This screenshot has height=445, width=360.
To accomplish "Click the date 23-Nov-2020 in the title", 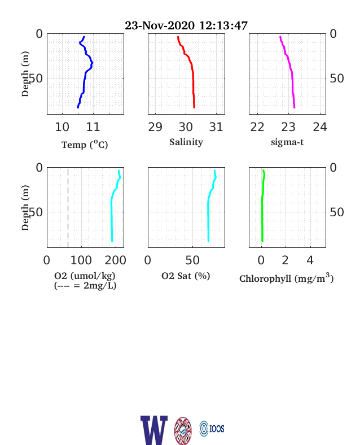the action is (160, 25).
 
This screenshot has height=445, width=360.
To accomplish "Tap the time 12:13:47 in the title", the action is (223, 25).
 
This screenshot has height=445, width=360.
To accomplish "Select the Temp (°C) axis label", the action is (85, 145).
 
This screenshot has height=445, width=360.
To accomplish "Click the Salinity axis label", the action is (186, 142).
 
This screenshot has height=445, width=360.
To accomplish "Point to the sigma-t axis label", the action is (287, 142).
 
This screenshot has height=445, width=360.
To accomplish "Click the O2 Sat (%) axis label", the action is (186, 276).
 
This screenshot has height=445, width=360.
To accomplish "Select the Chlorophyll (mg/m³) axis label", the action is (286, 278).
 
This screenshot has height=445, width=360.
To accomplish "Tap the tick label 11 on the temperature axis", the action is (93, 127).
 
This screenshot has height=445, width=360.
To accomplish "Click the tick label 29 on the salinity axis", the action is (155, 127).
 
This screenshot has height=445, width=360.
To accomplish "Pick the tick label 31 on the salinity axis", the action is (216, 127).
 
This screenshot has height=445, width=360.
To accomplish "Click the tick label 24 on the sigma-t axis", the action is (320, 127).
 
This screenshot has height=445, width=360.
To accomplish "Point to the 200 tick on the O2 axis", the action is (115, 260).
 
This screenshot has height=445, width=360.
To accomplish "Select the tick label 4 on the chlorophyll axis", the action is (310, 260).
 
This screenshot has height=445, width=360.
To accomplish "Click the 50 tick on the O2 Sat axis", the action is (192, 260).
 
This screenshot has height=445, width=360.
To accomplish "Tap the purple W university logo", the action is (154, 430).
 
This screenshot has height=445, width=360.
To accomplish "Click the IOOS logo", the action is (212, 429).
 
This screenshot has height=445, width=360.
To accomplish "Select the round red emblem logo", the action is (183, 431).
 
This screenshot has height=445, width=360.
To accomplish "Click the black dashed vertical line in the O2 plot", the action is (68, 207).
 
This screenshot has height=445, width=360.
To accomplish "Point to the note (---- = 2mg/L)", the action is (85, 285).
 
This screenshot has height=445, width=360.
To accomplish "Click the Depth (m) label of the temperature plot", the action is (25, 74).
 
